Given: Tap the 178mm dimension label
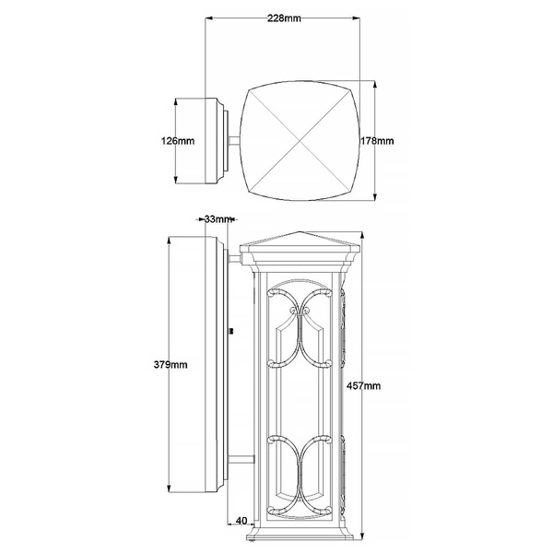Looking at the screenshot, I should (x=377, y=141).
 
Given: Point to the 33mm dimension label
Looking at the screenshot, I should (x=218, y=218).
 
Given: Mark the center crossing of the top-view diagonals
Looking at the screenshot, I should (x=296, y=141).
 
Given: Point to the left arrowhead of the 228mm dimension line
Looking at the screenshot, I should (x=207, y=18).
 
